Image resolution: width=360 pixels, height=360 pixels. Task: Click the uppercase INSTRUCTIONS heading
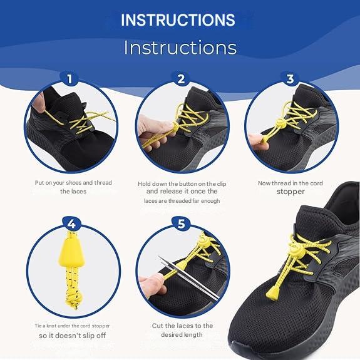point(178,20)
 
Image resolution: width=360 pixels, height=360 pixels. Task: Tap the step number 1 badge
point(69,79)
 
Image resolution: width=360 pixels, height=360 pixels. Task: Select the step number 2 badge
point(181,79)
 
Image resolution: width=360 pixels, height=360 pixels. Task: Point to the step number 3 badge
point(291,79)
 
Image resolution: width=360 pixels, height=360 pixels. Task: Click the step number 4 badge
point(71,224)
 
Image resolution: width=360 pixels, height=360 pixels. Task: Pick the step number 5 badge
point(181,224)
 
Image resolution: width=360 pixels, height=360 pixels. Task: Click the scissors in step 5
point(188,278)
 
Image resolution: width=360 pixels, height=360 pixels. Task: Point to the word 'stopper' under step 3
point(291,192)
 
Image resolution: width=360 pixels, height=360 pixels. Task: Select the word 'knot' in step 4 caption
point(52,326)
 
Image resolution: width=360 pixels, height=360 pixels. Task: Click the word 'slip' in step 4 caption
point(88,336)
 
